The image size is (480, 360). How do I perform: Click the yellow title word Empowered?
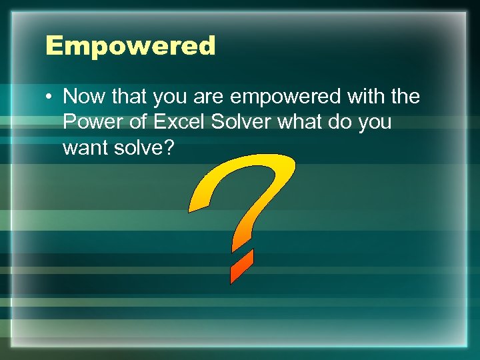coord(131,46)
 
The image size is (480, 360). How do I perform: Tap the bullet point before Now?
coord(50,97)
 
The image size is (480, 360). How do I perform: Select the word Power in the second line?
coord(89,123)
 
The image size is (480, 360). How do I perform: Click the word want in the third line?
coord(85,148)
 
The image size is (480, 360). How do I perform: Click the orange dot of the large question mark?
coord(241,266)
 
